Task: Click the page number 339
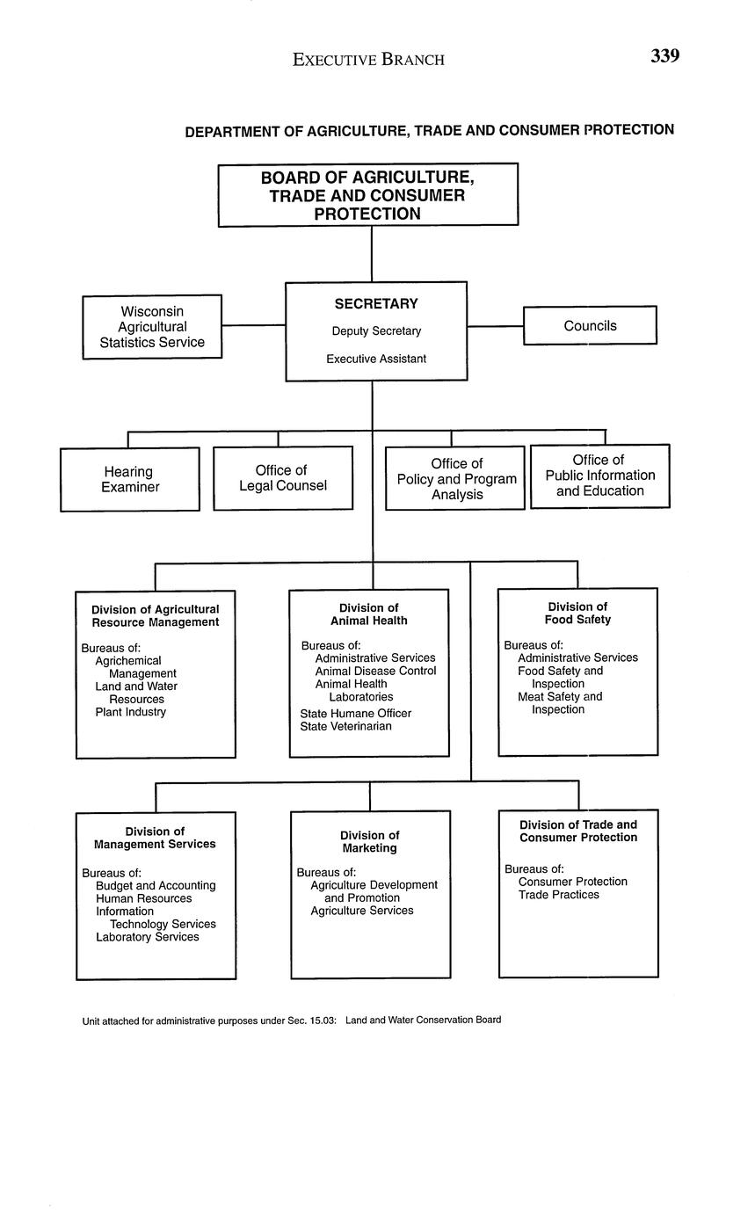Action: tap(664, 56)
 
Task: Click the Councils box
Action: tap(590, 325)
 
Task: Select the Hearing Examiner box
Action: tap(130, 479)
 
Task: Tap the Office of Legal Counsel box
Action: tap(283, 478)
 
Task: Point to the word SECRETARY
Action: tap(376, 304)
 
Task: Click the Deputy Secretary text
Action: tap(376, 331)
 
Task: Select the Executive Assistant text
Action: tap(376, 359)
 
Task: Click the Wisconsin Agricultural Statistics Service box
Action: tap(152, 327)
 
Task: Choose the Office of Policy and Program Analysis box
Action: tap(456, 479)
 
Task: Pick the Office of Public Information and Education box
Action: tap(599, 476)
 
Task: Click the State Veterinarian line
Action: tap(345, 727)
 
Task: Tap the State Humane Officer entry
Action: tap(355, 714)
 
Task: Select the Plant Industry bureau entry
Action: tap(130, 712)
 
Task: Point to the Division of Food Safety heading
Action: tap(577, 613)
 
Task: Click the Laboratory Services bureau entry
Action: tap(147, 937)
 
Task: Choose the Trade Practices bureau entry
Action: tap(558, 895)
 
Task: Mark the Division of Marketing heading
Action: tap(370, 842)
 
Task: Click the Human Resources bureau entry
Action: tap(143, 898)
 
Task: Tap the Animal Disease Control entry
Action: tap(375, 671)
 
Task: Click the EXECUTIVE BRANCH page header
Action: tap(368, 60)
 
